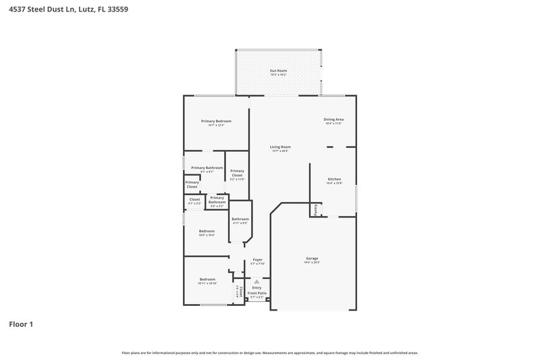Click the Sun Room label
point(278,70)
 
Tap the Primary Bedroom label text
point(217,121)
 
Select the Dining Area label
point(334,119)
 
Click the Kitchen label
point(334,179)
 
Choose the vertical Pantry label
point(315,209)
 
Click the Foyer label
point(257,259)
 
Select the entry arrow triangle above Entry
point(256,282)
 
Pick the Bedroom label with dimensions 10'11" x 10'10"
point(207,279)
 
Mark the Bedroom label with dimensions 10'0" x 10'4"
point(207,231)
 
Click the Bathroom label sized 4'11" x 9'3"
point(240,219)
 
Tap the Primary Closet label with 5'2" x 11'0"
point(237,174)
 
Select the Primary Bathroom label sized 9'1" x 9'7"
point(207,168)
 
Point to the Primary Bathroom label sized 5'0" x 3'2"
point(217,199)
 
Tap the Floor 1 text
point(21,324)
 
